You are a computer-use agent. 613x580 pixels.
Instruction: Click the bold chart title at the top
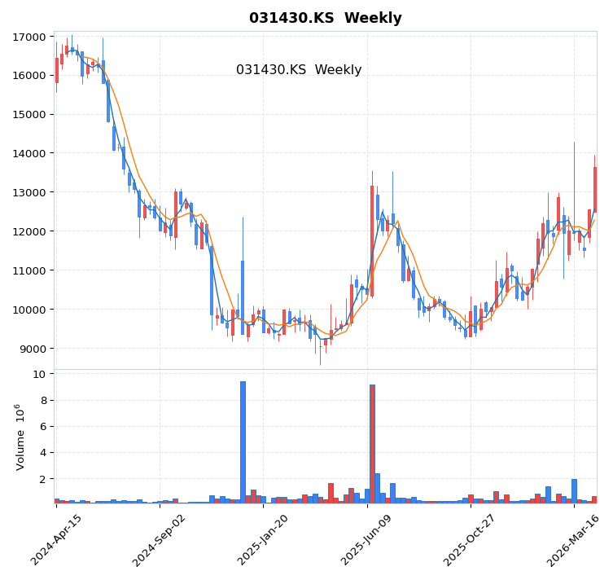click(x=325, y=18)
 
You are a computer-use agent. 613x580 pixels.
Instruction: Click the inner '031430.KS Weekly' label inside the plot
click(x=299, y=70)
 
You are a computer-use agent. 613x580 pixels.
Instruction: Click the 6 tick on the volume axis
click(x=43, y=426)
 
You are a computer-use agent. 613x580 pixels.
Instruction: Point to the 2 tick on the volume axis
click(x=43, y=478)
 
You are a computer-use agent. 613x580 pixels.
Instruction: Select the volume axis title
click(x=20, y=437)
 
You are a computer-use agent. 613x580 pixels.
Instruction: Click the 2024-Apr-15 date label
click(x=57, y=540)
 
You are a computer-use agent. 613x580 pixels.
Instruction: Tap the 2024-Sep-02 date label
click(x=160, y=540)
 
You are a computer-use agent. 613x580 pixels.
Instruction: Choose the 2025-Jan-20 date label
click(x=264, y=540)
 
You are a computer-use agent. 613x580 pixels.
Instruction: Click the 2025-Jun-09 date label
click(x=367, y=540)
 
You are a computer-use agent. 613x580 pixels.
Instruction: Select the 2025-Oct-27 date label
click(x=471, y=540)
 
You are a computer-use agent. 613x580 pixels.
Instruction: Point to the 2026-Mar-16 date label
click(x=574, y=540)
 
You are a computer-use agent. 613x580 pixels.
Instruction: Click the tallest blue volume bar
click(x=243, y=442)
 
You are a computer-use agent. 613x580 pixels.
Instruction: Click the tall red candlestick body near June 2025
click(x=372, y=240)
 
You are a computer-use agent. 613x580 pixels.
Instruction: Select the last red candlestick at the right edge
click(x=594, y=189)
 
